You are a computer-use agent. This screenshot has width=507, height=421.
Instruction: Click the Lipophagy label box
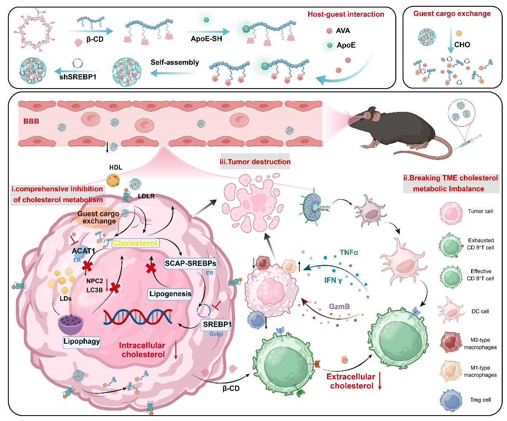[x=82, y=341]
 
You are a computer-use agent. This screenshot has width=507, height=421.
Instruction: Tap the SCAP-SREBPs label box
[x=190, y=264]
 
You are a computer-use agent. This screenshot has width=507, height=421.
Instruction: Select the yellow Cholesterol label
[x=135, y=243]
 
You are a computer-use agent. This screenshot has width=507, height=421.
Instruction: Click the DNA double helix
[x=138, y=317]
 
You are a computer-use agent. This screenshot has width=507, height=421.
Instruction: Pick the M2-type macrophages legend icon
[x=450, y=343]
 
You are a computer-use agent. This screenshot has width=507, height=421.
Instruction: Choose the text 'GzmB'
[x=339, y=307]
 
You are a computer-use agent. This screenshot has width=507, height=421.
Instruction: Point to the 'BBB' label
[x=31, y=122]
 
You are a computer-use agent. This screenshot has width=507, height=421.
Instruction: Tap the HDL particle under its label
[x=115, y=180]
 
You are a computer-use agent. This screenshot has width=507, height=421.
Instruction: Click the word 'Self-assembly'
[x=175, y=63]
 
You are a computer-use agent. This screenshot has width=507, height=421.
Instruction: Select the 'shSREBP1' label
[x=78, y=77]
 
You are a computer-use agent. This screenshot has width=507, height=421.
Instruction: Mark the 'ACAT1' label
[x=84, y=251]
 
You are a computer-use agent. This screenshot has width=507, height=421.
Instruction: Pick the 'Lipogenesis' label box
[x=170, y=294]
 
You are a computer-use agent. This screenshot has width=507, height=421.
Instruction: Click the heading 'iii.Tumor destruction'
[x=255, y=162]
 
